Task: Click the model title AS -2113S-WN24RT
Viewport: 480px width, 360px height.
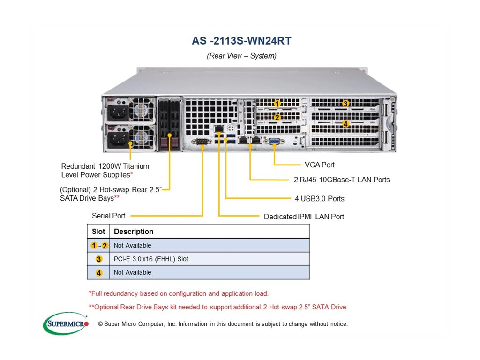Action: coord(241,41)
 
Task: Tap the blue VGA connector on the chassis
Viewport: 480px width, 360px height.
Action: coord(274,141)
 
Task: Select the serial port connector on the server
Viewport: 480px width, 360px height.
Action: coord(202,142)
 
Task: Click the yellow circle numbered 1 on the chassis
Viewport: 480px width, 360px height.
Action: coord(277,104)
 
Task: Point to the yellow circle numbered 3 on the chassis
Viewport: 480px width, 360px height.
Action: coord(345,104)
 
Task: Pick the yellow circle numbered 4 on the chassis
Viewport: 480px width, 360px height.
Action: coord(345,124)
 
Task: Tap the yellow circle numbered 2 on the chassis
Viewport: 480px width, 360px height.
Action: coord(277,117)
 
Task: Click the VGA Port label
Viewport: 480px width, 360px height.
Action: coord(320,165)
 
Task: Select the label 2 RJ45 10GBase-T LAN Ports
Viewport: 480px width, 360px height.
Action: coord(342,180)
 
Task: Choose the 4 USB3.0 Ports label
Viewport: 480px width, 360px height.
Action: coord(320,199)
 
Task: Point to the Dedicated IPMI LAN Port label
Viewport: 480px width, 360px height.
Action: coord(304,217)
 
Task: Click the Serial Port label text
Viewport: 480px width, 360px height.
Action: coord(109,216)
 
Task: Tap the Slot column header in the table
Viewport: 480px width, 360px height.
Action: coord(98,232)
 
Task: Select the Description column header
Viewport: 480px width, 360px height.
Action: coord(134,232)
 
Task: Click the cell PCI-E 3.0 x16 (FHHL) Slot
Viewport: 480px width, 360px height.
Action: coord(151,259)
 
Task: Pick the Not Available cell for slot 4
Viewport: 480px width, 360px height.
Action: coord(133,272)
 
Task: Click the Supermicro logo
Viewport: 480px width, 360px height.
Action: coord(66,323)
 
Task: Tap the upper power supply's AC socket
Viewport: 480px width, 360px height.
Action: coord(118,113)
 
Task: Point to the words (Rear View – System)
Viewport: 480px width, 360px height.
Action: coord(241,56)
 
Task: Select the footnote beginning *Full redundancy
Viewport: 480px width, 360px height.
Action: coord(179,293)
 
